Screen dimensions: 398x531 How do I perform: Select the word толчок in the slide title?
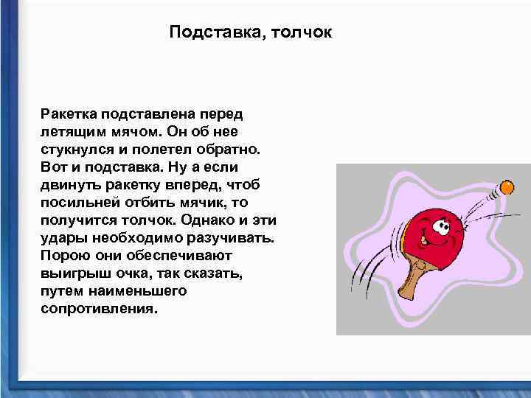coord(302,32)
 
